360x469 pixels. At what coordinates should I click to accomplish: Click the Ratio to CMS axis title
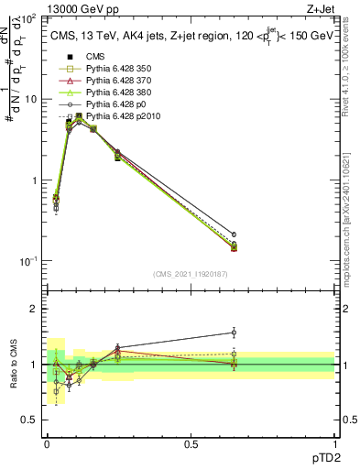[x=15, y=363]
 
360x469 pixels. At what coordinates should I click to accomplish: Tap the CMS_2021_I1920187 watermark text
[x=191, y=274]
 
